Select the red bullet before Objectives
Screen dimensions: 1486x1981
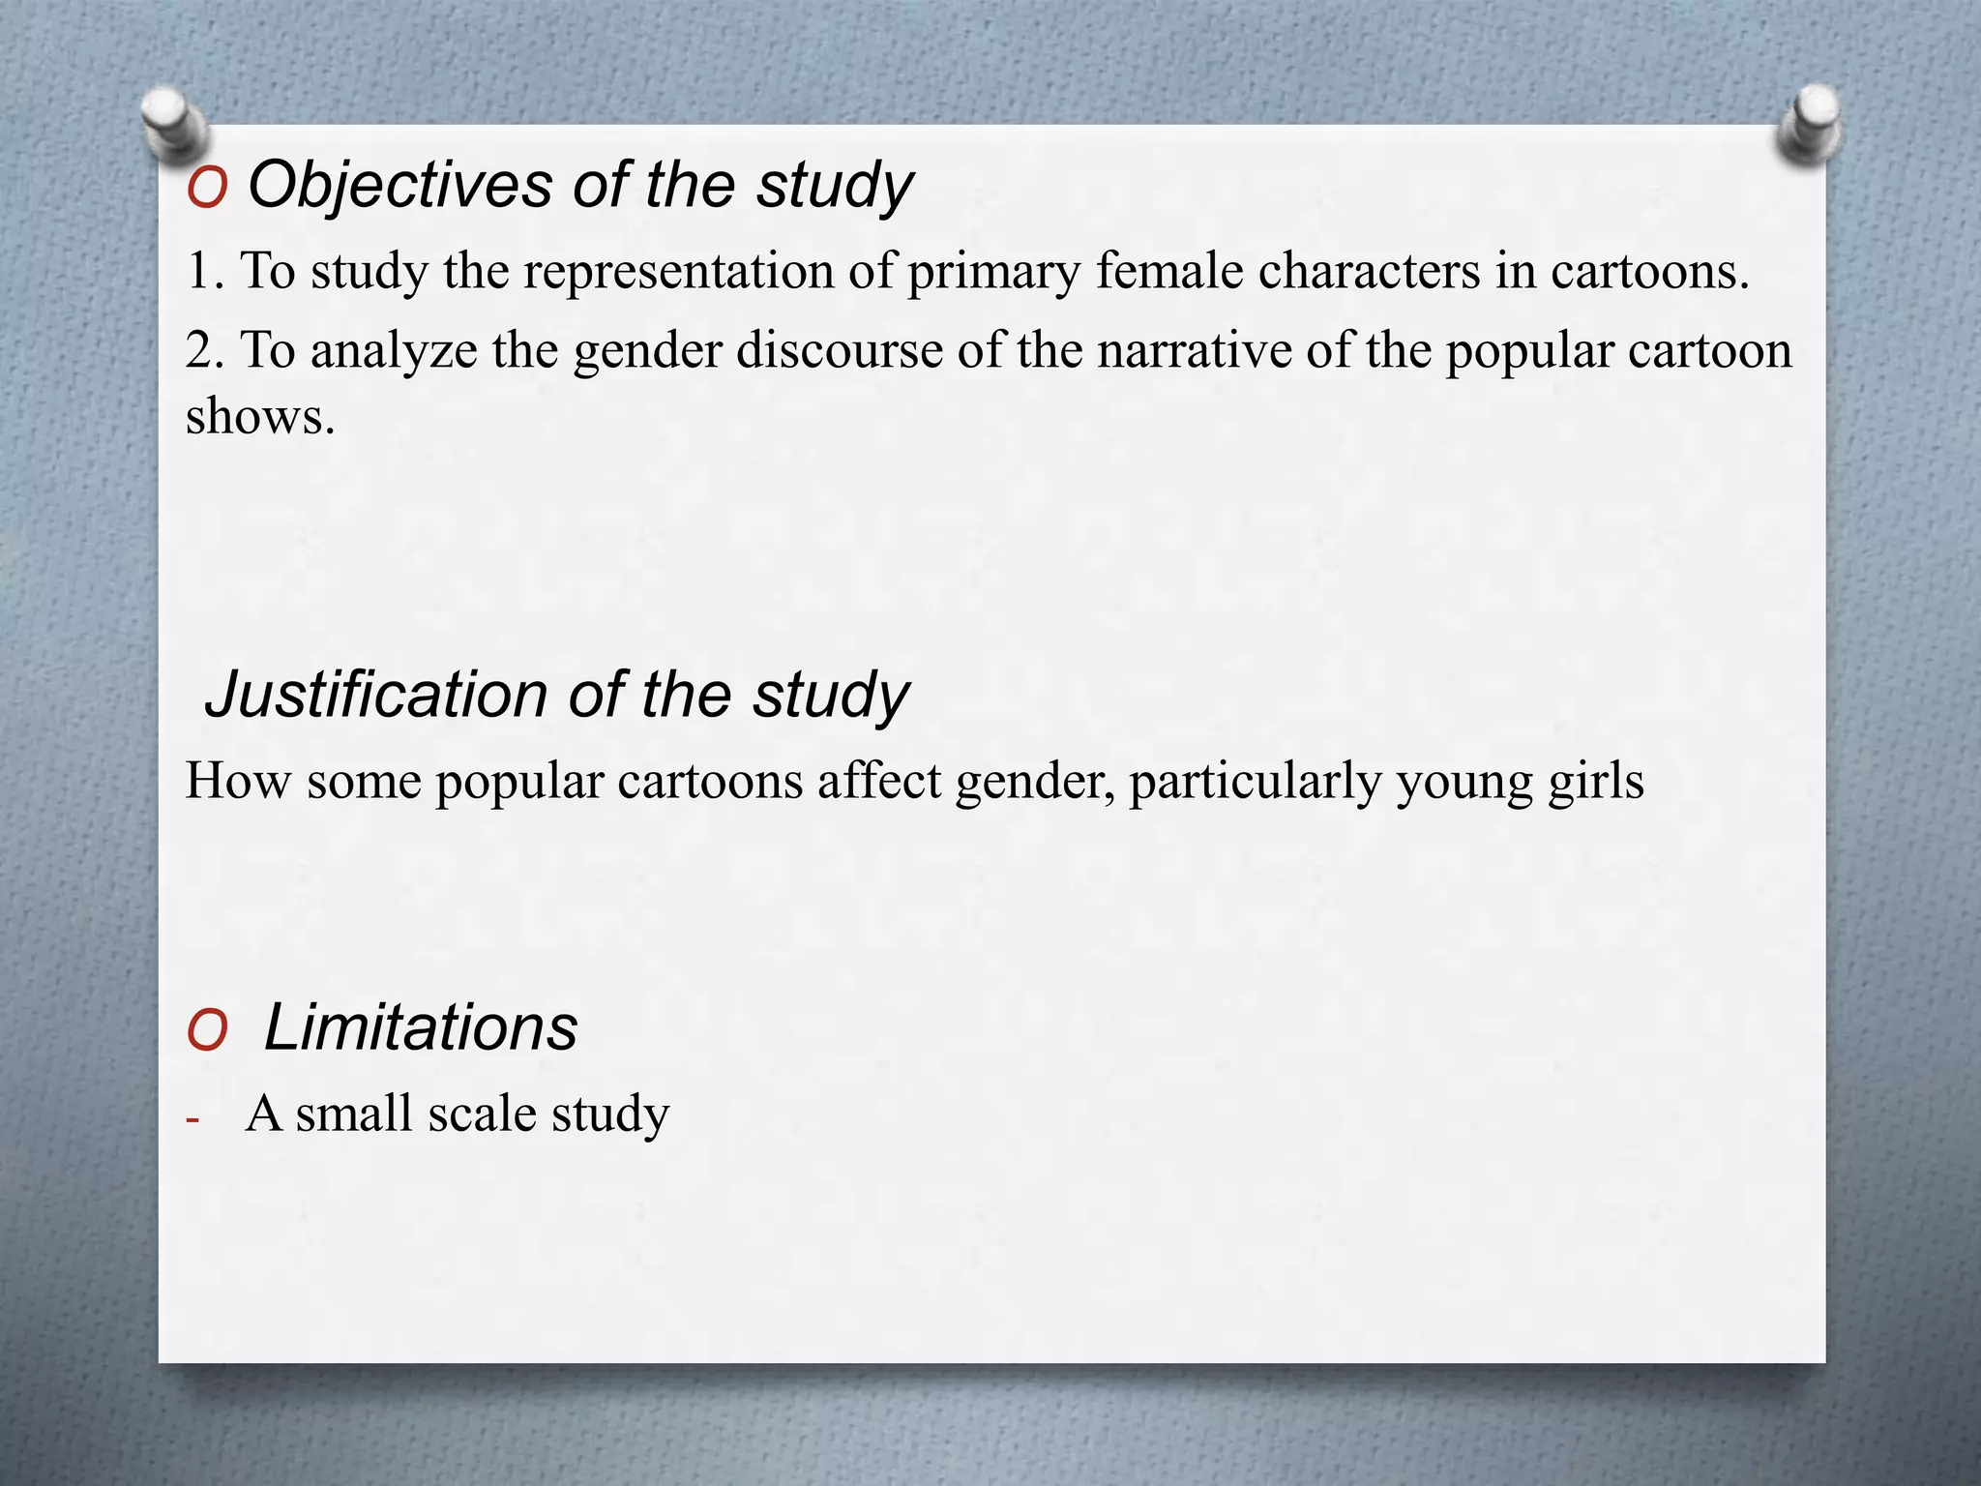pyautogui.click(x=207, y=188)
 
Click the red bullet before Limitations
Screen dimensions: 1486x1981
pyautogui.click(x=207, y=1031)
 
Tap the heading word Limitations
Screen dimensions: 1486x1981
pyautogui.click(x=421, y=1027)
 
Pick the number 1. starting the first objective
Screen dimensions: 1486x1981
pyautogui.click(x=204, y=271)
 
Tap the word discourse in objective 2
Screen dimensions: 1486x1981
pyautogui.click(x=839, y=350)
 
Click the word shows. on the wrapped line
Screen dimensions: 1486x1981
pyautogui.click(x=260, y=418)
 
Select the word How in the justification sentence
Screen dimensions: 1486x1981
pyautogui.click(x=237, y=780)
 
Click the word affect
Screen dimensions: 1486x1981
pyautogui.click(x=878, y=780)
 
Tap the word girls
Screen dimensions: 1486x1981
pyautogui.click(x=1595, y=782)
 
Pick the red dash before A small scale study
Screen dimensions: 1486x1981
pyautogui.click(x=192, y=1120)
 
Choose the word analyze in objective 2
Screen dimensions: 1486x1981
pyautogui.click(x=394, y=352)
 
